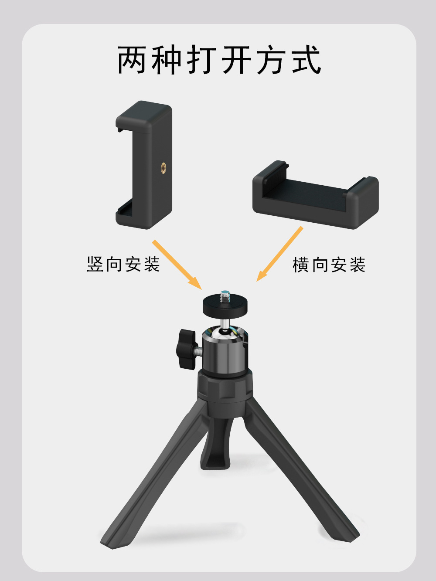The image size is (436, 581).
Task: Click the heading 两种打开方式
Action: point(219,60)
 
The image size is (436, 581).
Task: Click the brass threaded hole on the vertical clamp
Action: point(163,167)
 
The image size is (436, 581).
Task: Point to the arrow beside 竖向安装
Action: point(177,264)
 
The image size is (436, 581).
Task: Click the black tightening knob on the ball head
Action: point(186,349)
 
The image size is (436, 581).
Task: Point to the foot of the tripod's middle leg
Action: point(215,462)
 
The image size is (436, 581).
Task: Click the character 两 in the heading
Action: point(132,60)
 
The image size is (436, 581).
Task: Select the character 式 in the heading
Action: point(307,60)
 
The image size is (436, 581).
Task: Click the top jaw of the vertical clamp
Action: point(144,116)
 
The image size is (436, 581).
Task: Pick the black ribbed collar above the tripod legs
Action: point(225,388)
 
